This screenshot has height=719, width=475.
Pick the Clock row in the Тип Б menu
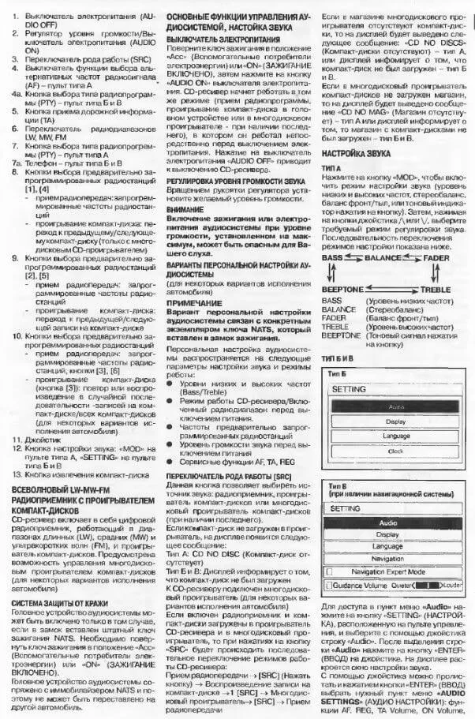click(x=396, y=451)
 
